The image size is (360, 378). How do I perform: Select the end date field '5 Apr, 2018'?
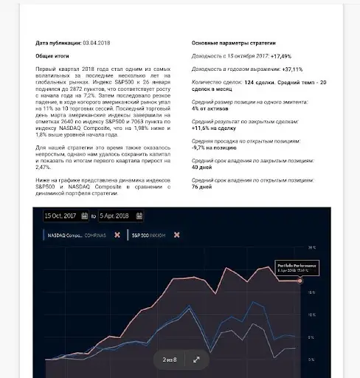tap(119, 216)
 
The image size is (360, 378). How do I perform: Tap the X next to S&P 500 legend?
tap(177, 236)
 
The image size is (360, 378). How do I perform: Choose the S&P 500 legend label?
tap(147, 236)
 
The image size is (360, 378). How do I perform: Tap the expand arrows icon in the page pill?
tap(196, 360)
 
